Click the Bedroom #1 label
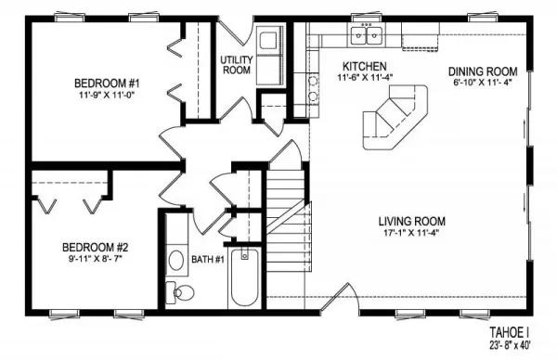pos(107,84)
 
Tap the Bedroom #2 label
pos(95,247)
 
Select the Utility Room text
pos(237,65)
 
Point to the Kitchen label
pos(365,66)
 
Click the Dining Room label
pos(483,71)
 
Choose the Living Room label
pos(411,222)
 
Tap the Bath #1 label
pos(208,260)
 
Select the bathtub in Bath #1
pos(244,277)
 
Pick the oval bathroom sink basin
pos(176,260)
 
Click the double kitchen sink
pos(367,35)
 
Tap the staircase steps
pos(286,221)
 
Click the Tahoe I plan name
pos(510,333)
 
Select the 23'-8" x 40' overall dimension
pos(510,345)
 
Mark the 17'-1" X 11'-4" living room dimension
pos(411,233)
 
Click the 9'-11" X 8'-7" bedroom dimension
pos(95,259)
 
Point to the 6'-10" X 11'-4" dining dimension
pos(483,83)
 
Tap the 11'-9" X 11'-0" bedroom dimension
pos(107,95)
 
